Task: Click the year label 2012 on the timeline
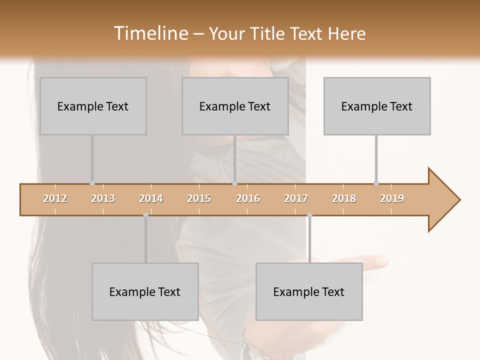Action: click(x=55, y=198)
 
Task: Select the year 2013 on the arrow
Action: click(x=103, y=198)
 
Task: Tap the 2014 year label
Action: click(x=151, y=198)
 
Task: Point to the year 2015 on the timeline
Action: click(x=199, y=198)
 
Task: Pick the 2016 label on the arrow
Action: click(x=248, y=198)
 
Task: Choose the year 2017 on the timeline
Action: click(x=296, y=198)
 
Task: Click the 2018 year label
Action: click(x=344, y=198)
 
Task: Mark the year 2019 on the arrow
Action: click(x=392, y=198)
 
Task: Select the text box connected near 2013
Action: click(x=93, y=106)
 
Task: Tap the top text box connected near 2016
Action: click(x=235, y=106)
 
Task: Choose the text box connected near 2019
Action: click(x=377, y=106)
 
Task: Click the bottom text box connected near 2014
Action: click(x=145, y=291)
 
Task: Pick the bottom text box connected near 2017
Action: click(x=309, y=291)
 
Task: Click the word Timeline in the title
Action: click(x=150, y=33)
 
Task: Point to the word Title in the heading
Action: click(x=269, y=33)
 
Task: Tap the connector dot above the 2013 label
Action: click(x=92, y=183)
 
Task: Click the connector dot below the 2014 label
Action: click(x=145, y=215)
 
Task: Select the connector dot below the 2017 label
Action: click(x=309, y=215)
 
